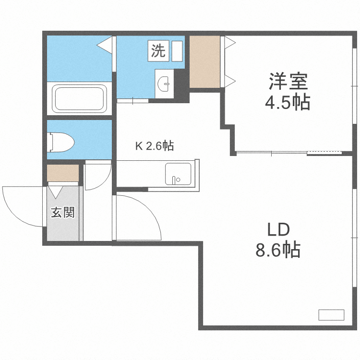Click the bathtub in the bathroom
[x=80, y=98]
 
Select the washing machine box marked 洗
[x=158, y=50]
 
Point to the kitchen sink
[x=178, y=174]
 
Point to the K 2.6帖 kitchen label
[x=154, y=146]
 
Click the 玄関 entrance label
[x=63, y=212]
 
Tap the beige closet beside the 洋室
[x=205, y=61]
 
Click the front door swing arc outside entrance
[x=19, y=204]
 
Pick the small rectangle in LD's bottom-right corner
[x=331, y=315]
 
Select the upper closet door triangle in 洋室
[x=229, y=43]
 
